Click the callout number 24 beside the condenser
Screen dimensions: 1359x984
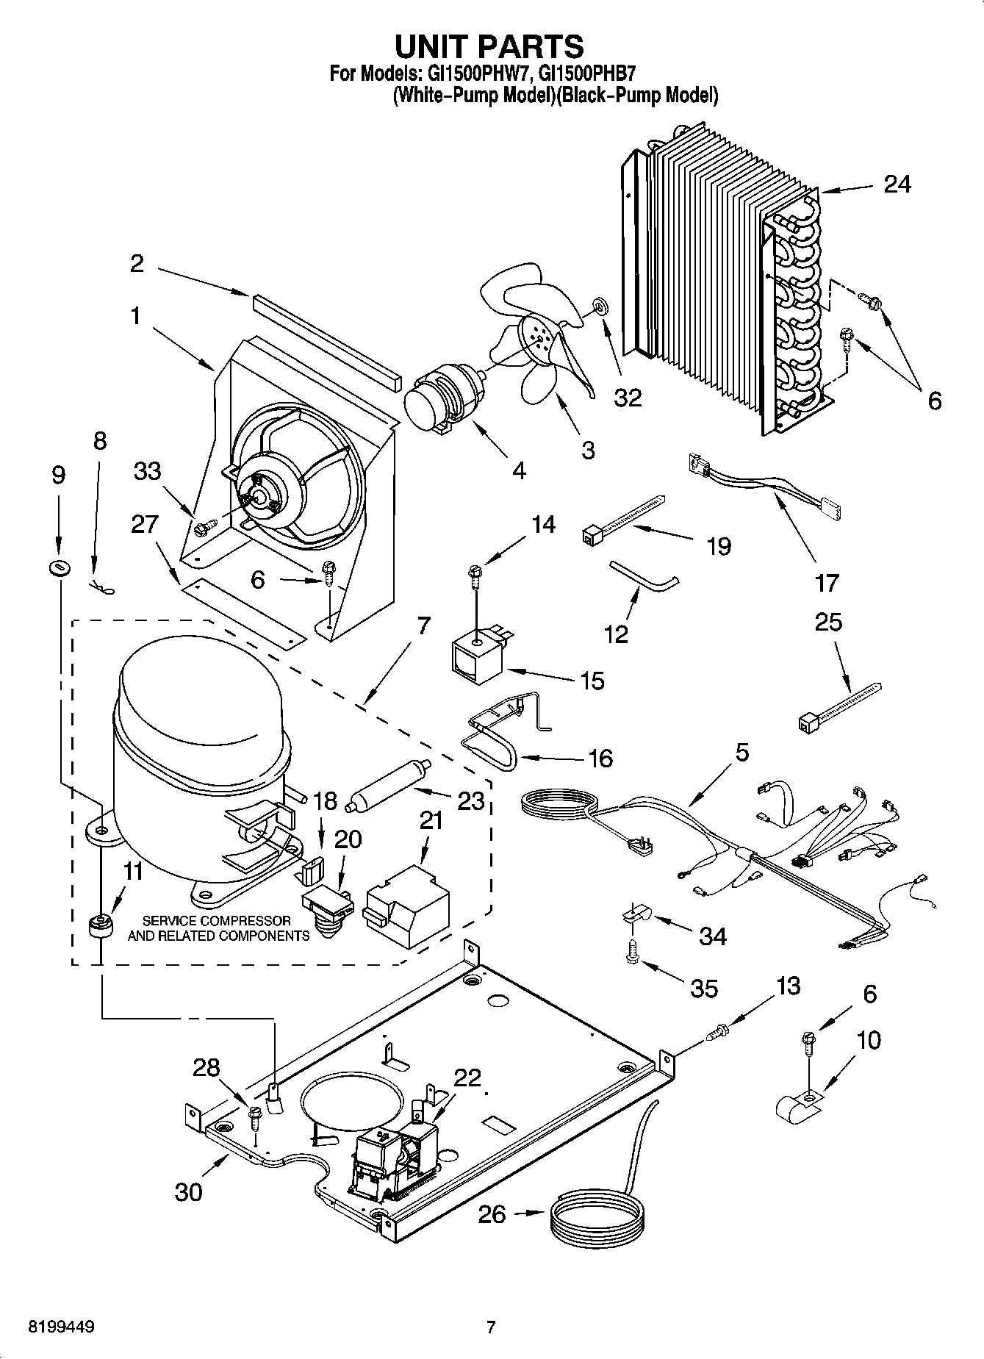tap(897, 184)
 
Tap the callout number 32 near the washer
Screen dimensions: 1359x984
tap(627, 398)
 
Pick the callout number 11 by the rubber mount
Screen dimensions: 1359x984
tap(133, 872)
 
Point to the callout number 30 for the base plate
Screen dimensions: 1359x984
tap(189, 1191)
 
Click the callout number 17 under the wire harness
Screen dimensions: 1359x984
tap(827, 583)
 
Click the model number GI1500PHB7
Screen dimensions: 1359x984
tap(586, 73)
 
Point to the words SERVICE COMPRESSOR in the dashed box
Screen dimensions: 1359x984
tap(216, 920)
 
